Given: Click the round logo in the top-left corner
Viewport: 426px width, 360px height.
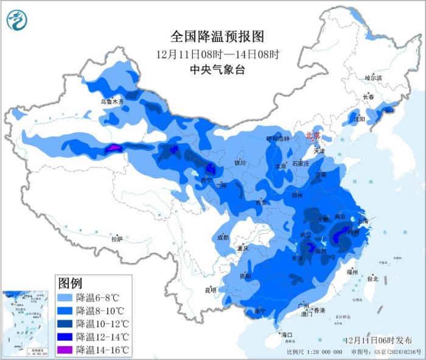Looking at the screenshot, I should tap(17, 22).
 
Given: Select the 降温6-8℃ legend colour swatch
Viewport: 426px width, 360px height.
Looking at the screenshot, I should tap(65, 298).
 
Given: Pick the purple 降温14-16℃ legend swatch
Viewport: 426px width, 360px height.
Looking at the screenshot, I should tap(65, 350).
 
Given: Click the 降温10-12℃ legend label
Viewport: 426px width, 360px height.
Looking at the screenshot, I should tap(102, 324).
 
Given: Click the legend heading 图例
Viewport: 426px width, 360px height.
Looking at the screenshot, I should tap(70, 283).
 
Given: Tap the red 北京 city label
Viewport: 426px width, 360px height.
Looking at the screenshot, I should tap(313, 136).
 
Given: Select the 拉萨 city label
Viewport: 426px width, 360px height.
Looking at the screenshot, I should tap(117, 239).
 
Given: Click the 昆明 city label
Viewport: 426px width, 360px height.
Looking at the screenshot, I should tap(211, 289).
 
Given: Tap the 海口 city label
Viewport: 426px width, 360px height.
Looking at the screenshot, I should tap(286, 334).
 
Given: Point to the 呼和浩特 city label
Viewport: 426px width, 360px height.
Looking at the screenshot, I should tap(279, 139).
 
